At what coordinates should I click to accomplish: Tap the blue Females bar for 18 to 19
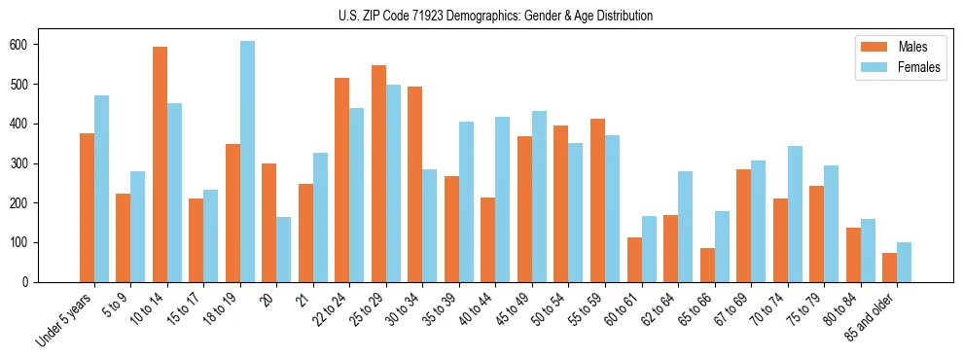pyautogui.click(x=248, y=162)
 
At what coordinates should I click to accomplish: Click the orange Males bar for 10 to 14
pyautogui.click(x=160, y=164)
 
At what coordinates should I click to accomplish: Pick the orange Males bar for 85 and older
pyautogui.click(x=889, y=268)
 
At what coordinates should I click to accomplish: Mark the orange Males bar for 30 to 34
pyautogui.click(x=415, y=184)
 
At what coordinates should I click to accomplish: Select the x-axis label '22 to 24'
pyautogui.click(x=328, y=311)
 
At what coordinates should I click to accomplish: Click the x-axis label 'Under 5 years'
pyautogui.click(x=64, y=319)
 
